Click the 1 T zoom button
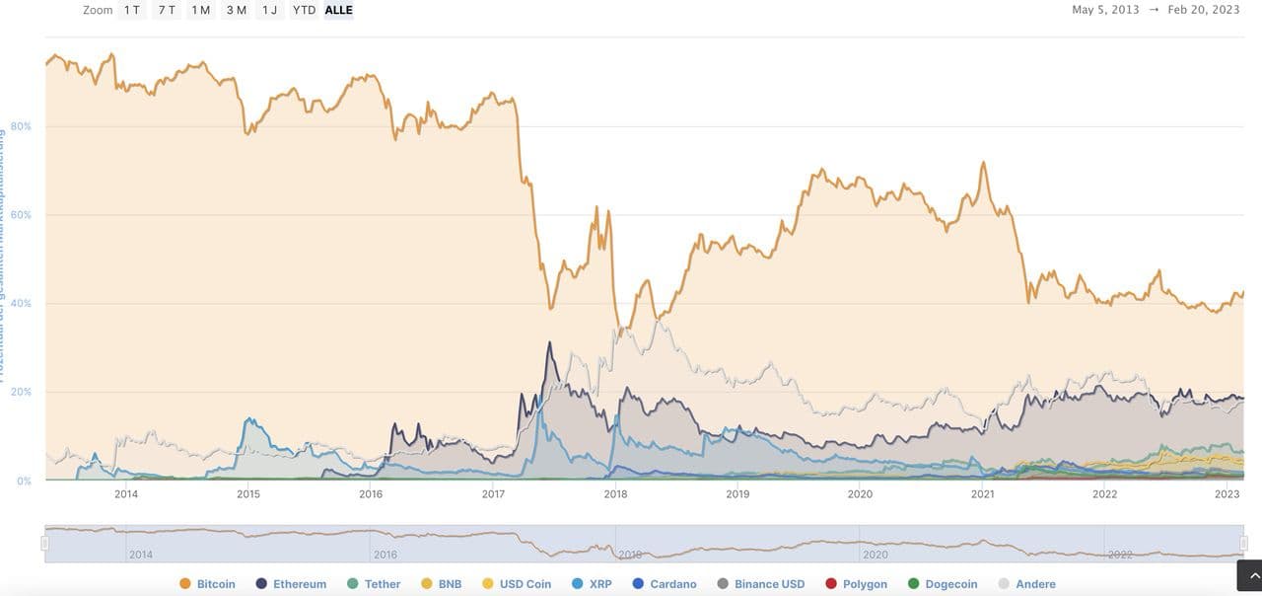(x=132, y=10)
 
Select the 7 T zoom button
(x=167, y=10)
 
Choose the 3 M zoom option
(x=236, y=10)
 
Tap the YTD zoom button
(x=304, y=10)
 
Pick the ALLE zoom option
(x=338, y=10)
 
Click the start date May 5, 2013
(x=1105, y=10)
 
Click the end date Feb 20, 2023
(x=1204, y=10)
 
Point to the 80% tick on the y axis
(x=21, y=126)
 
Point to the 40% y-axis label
(x=21, y=304)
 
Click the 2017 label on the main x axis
(x=493, y=494)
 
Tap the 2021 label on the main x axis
(x=982, y=494)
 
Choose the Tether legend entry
(x=374, y=584)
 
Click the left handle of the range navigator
(x=44, y=544)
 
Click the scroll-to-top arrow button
(x=1248, y=575)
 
